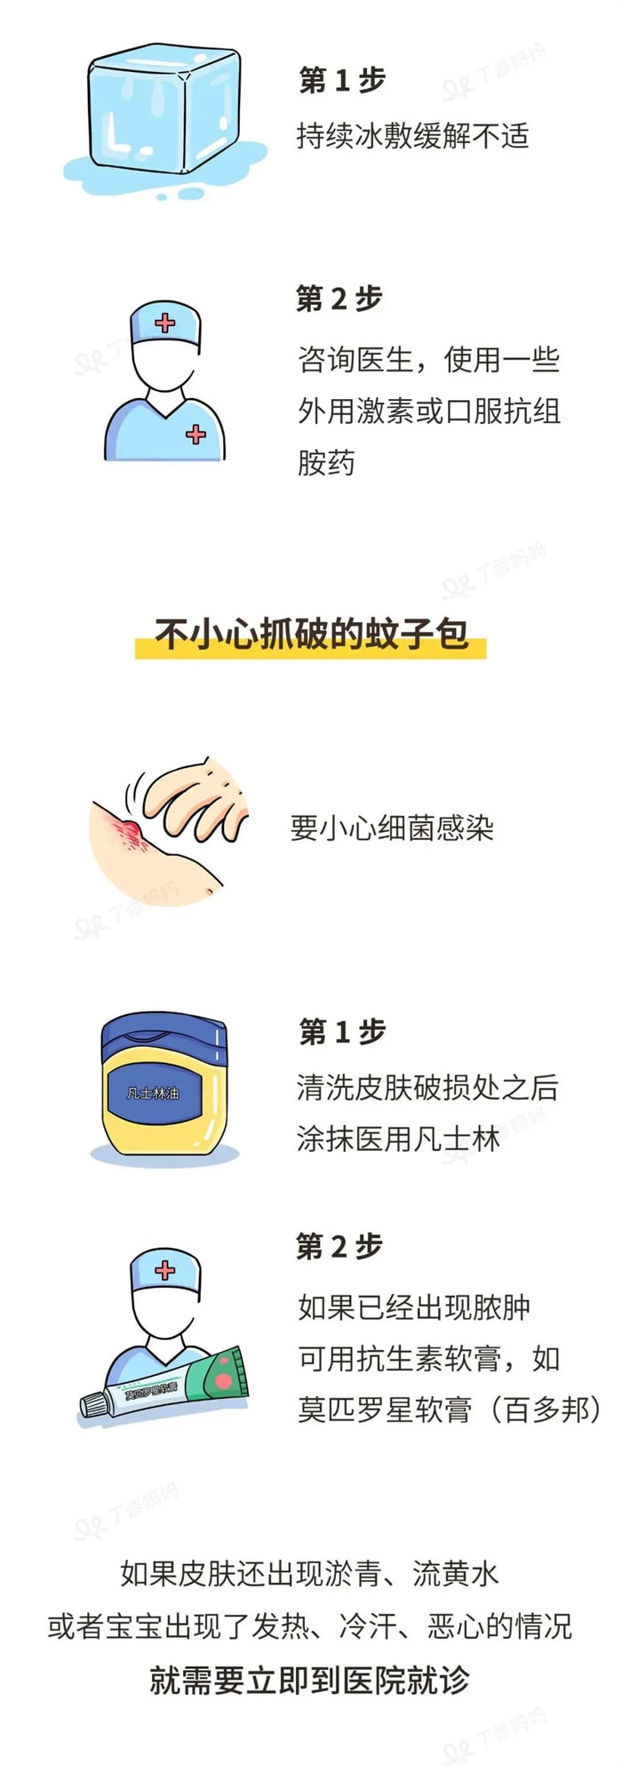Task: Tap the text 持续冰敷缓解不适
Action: (x=412, y=136)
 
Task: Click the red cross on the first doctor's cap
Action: (x=165, y=323)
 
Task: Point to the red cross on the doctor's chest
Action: (x=195, y=434)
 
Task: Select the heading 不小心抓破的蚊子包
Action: (x=311, y=635)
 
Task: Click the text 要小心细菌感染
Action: (x=392, y=827)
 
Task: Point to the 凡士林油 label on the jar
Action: (x=152, y=1093)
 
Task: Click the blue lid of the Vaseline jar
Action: (x=164, y=1035)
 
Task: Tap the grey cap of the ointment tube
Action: (x=94, y=1403)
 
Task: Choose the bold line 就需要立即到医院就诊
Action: (x=309, y=1680)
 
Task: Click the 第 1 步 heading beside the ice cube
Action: (x=342, y=81)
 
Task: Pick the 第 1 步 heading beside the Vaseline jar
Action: (x=342, y=1032)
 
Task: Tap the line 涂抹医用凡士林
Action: (x=398, y=1139)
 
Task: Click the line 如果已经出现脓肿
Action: (x=414, y=1307)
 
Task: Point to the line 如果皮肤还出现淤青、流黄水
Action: (x=309, y=1574)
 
